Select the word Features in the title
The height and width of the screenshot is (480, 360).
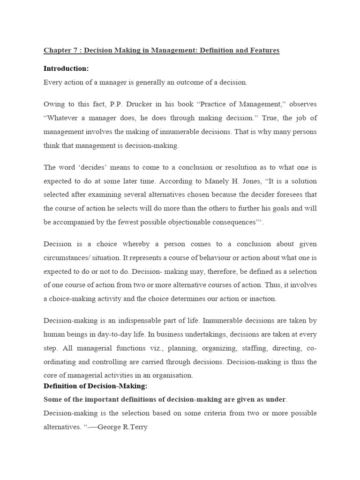[x=263, y=50]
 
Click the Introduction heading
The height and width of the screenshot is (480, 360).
[x=66, y=68]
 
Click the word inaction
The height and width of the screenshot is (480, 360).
[x=261, y=299]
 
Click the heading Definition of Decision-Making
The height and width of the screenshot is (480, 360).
[x=96, y=386]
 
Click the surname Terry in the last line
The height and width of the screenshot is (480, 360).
[x=139, y=427]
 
